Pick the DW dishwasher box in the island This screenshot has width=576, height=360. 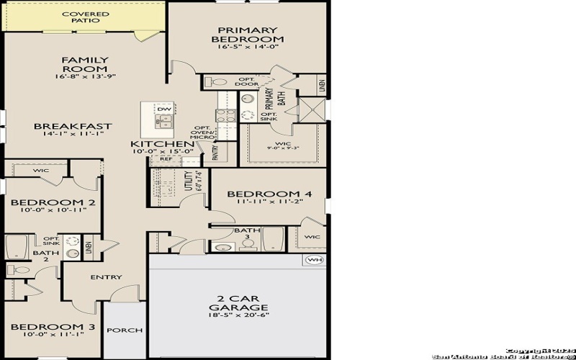point(163,109)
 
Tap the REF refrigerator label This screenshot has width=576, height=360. point(156,159)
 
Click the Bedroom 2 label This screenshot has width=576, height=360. point(53,203)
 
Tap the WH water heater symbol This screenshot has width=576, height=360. point(314,260)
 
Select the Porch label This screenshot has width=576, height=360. point(125,330)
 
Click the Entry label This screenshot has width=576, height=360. point(105,277)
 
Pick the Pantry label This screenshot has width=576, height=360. point(215,152)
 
